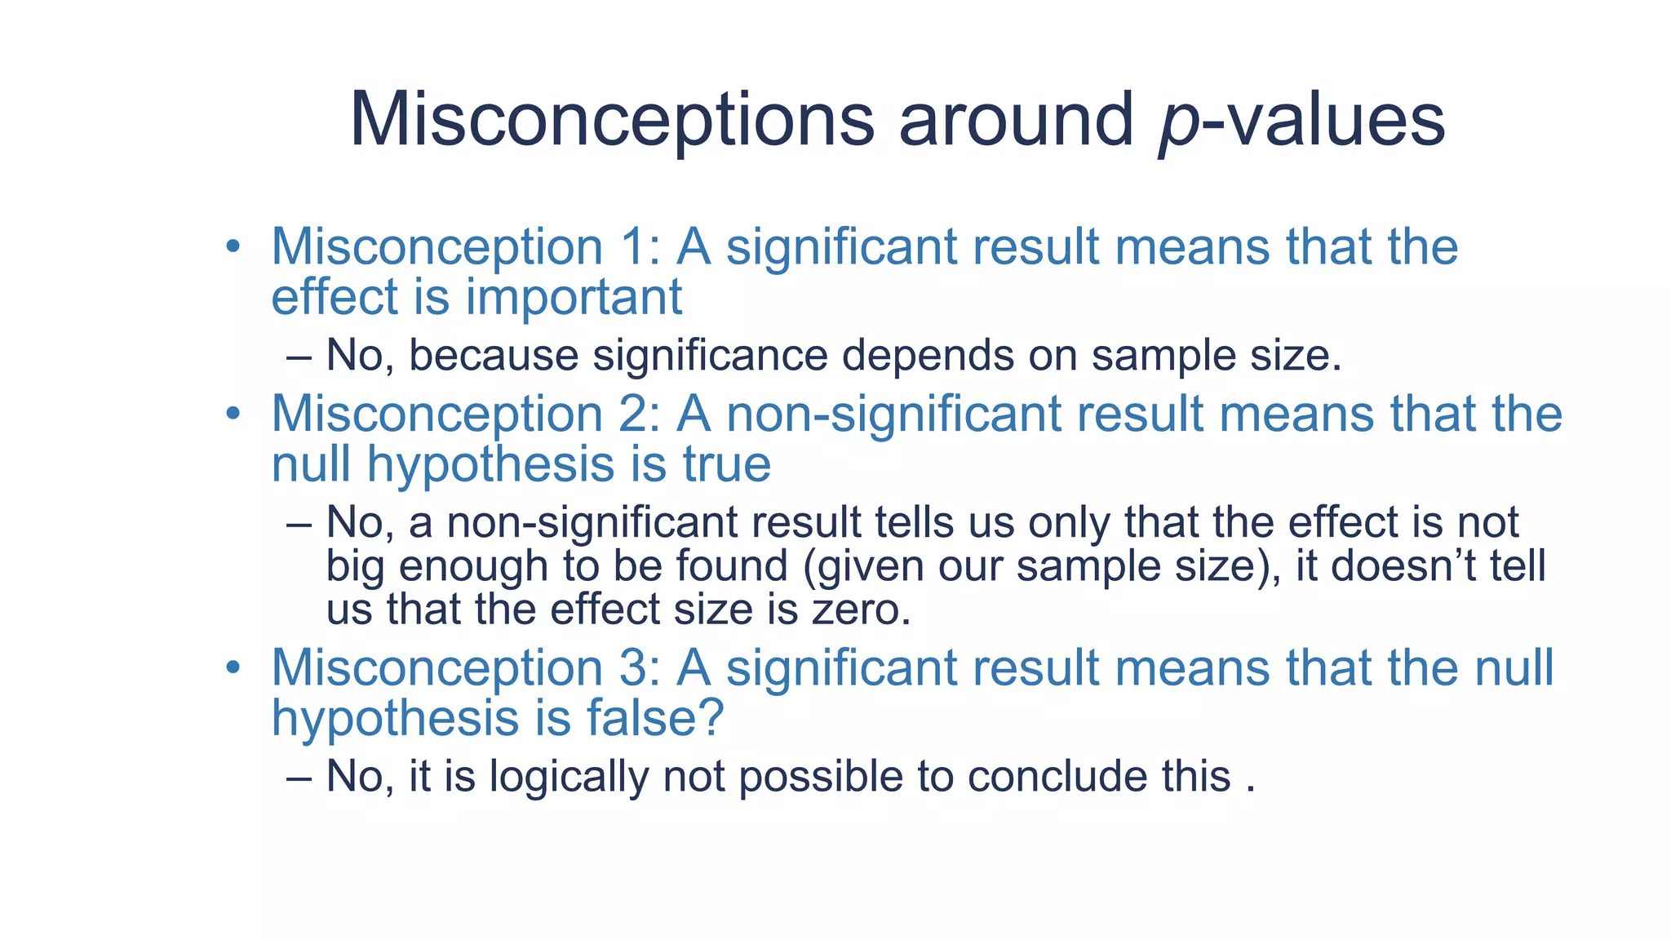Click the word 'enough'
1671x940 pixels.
[473, 565]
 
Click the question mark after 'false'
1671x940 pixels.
[711, 718]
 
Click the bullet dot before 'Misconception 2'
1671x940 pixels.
[233, 415]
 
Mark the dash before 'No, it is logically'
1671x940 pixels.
[299, 778]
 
